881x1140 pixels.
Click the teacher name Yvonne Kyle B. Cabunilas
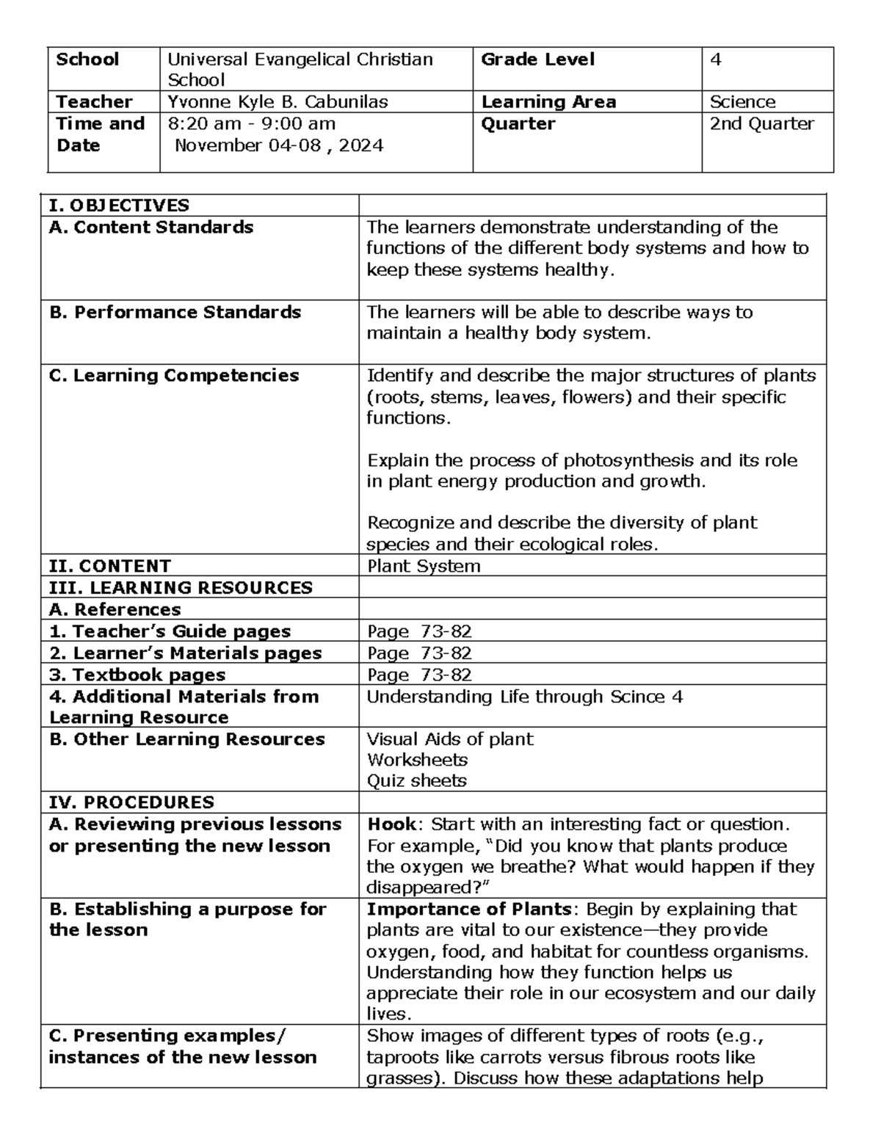[x=278, y=102]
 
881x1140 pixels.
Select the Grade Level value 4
[x=716, y=60]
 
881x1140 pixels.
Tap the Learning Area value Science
[x=742, y=102]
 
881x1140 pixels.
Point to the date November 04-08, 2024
[x=278, y=145]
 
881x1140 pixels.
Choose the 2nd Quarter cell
[x=761, y=123]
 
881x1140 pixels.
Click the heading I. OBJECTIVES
[x=119, y=206]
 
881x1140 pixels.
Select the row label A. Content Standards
[x=151, y=228]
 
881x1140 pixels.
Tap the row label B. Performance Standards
[x=175, y=313]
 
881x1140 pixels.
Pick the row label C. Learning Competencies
[x=174, y=376]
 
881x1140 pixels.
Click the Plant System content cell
[x=424, y=566]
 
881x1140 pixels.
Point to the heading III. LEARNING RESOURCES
[x=181, y=587]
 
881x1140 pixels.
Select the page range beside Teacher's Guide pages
[x=419, y=631]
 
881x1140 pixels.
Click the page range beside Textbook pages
[x=419, y=675]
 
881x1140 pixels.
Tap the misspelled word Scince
[x=637, y=697]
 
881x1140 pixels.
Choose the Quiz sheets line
[x=416, y=780]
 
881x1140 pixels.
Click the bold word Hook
[x=391, y=824]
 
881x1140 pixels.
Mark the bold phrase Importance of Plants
[x=468, y=909]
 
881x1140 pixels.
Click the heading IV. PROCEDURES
[x=131, y=802]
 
